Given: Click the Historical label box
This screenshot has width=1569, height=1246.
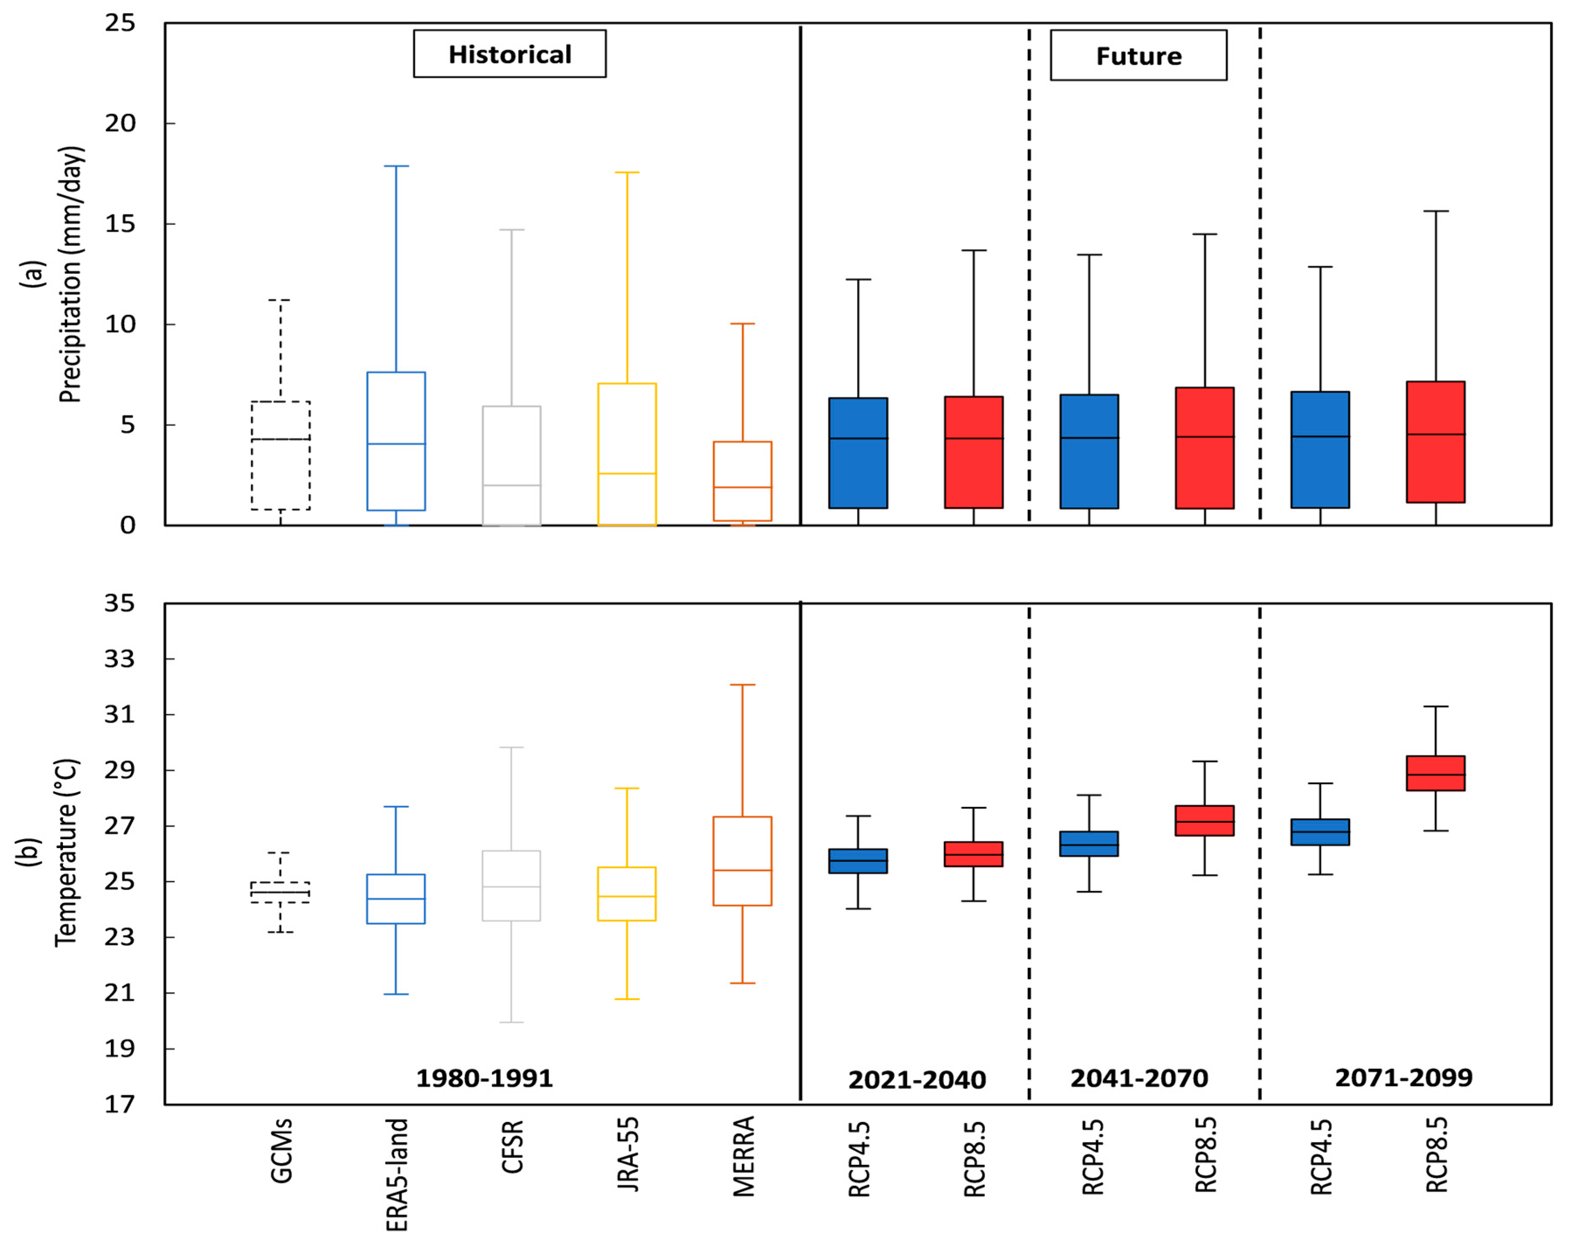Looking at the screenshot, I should click(509, 54).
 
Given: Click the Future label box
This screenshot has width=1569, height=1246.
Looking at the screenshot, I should click(1138, 55).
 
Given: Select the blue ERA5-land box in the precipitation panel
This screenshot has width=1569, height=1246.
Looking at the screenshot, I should click(396, 441).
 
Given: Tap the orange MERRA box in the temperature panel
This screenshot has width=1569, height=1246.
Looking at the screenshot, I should click(742, 861).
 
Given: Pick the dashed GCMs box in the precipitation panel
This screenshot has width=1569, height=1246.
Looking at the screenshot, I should click(281, 456).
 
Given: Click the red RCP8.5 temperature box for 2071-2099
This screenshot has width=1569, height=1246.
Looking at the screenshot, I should click(1435, 773).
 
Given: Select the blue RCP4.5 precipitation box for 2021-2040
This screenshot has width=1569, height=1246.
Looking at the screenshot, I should click(858, 453).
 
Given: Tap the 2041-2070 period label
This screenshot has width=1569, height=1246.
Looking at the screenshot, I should click(1139, 1078).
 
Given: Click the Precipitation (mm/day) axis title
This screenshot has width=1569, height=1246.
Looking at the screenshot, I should click(71, 275).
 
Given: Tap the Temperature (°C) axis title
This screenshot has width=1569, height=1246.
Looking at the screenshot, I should click(66, 853).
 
